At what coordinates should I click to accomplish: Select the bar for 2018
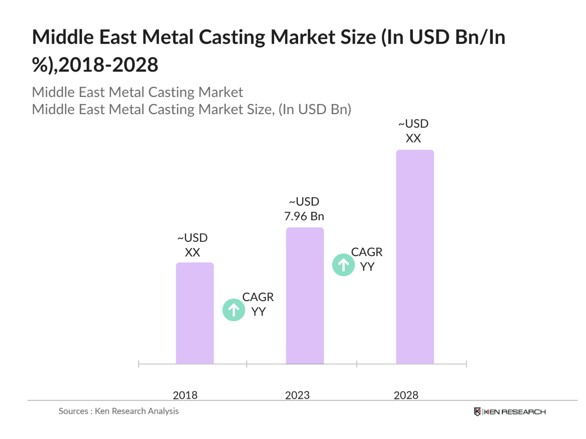click(195, 313)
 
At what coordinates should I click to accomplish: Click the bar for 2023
click(305, 295)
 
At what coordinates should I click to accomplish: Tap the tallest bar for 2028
click(414, 257)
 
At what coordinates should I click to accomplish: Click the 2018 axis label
click(185, 395)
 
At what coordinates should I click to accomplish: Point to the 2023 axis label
click(297, 395)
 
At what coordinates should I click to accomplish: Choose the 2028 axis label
click(406, 395)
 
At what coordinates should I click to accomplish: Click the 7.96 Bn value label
click(304, 216)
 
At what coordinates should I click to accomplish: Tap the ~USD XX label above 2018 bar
click(192, 245)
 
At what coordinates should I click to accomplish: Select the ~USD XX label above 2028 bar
click(413, 131)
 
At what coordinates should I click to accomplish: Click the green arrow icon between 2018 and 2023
click(233, 310)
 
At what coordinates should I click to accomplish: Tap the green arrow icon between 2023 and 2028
click(343, 265)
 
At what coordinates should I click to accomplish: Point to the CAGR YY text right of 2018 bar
click(258, 304)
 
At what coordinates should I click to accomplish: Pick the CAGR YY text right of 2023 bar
click(367, 259)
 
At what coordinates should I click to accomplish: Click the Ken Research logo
click(509, 412)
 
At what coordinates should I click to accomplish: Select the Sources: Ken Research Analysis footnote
click(118, 411)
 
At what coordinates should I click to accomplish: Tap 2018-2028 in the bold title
click(109, 65)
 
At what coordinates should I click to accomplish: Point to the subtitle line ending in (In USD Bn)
click(191, 109)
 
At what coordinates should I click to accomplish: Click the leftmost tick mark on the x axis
click(139, 364)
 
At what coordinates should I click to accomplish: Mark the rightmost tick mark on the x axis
click(466, 364)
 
